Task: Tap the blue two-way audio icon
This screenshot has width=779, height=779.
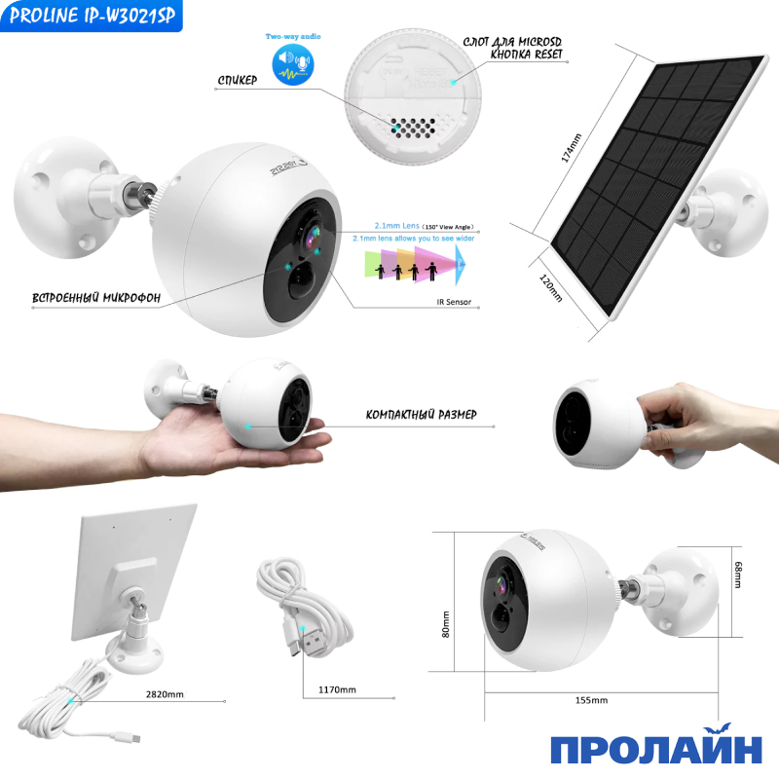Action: tap(292, 65)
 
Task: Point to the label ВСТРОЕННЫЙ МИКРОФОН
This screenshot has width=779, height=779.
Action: tap(82, 295)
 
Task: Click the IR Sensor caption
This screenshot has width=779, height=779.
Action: tap(454, 302)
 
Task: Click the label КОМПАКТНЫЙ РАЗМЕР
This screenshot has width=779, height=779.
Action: tap(421, 415)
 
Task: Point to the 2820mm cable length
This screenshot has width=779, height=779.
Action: tap(163, 695)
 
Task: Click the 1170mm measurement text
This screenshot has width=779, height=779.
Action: tap(337, 689)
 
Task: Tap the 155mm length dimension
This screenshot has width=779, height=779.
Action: tap(591, 699)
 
